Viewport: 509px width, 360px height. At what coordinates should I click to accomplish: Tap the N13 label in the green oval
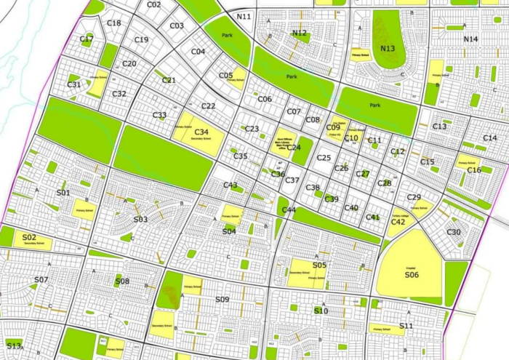tap(388, 49)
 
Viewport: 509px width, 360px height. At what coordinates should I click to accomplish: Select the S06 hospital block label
tap(412, 274)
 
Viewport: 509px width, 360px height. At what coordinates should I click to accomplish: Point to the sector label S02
tap(29, 238)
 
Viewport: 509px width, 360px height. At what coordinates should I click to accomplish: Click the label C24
tap(294, 147)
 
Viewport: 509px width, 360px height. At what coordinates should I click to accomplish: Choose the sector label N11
tap(244, 16)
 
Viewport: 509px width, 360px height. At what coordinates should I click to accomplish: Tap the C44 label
tap(289, 210)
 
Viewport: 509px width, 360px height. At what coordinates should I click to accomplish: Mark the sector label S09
tap(223, 299)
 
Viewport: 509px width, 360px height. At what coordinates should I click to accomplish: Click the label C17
tap(87, 39)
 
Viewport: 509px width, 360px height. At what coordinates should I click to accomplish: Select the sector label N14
tap(470, 39)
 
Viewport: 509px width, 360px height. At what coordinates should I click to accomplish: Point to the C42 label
tap(398, 222)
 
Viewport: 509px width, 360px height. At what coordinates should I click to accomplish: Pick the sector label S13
tap(14, 344)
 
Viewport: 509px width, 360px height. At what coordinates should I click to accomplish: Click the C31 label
tap(74, 84)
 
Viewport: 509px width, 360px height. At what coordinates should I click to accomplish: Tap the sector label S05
tap(320, 265)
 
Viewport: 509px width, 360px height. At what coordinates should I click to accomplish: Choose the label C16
tap(474, 170)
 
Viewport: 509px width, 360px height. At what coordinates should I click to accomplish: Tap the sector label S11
tap(406, 326)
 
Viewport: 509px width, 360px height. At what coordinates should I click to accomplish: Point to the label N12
tap(299, 33)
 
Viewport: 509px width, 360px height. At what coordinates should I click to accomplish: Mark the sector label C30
tap(454, 232)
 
